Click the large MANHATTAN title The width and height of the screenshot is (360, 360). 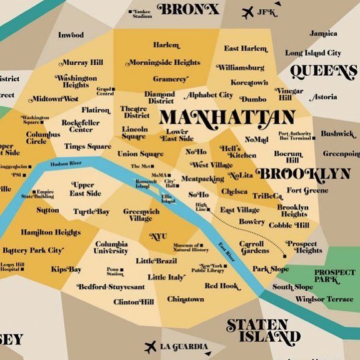coord(226,117)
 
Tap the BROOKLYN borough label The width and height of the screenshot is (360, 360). coord(304,173)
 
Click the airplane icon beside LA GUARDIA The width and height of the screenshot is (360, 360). coord(150,347)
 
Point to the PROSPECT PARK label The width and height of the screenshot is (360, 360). coord(334,277)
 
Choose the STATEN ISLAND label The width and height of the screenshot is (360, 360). coord(257,331)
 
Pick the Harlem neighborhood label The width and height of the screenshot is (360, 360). coord(166,45)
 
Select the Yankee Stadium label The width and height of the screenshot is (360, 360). coord(142,14)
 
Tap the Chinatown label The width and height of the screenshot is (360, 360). coord(185,299)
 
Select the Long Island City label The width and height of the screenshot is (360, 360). coord(313,53)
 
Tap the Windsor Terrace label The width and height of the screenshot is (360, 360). coord(324,299)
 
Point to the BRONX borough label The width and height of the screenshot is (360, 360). coord(187,9)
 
